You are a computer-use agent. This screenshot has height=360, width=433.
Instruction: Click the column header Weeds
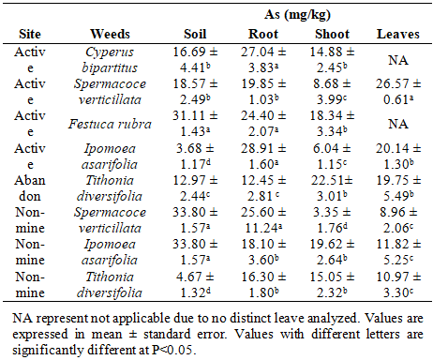(110, 34)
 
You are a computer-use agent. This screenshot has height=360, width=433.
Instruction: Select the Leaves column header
(398, 34)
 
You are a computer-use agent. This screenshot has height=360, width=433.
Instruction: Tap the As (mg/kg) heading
(297, 15)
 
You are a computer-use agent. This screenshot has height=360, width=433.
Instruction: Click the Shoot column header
(332, 34)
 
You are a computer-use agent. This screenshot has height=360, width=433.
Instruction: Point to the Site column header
(30, 34)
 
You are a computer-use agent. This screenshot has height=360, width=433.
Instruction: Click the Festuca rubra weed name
(110, 124)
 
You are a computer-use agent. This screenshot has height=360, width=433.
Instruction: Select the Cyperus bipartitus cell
(110, 60)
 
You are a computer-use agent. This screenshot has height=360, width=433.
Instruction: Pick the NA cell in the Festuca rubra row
(398, 124)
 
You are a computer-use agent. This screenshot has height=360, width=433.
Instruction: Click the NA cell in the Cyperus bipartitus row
(398, 60)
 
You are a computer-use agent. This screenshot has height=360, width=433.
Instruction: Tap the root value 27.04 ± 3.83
(263, 60)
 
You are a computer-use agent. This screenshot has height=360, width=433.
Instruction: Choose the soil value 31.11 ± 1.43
(195, 124)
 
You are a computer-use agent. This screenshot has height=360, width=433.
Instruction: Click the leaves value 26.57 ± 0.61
(398, 92)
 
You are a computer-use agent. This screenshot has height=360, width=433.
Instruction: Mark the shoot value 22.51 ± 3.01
(332, 188)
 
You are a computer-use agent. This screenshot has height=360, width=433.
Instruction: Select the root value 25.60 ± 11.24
(263, 220)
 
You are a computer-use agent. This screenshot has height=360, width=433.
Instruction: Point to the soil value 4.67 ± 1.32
(195, 285)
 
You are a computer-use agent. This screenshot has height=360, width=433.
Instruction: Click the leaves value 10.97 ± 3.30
(398, 285)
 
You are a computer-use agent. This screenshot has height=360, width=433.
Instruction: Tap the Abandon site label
(30, 188)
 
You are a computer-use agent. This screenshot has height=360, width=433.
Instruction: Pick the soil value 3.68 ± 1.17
(195, 157)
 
